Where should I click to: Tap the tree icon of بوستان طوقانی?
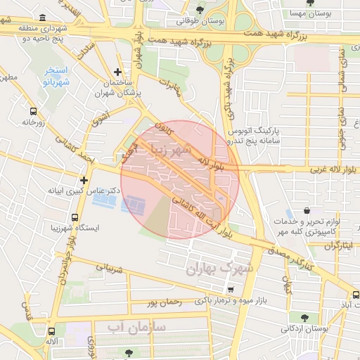(202, 10)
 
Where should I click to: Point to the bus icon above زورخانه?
(32, 111)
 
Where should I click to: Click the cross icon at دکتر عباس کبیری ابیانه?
(84, 180)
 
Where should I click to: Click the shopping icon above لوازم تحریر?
(307, 210)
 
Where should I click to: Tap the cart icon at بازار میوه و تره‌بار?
(231, 289)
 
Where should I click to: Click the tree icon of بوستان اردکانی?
(303, 317)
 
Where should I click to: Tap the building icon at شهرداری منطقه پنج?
(42, 16)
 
